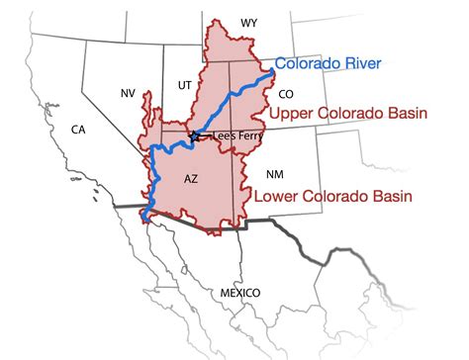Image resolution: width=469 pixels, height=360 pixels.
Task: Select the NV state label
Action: point(128,92)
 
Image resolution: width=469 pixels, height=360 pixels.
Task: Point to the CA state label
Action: point(77,130)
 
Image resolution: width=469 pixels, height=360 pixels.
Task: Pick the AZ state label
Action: point(193,181)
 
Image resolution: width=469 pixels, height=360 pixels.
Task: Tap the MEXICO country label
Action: point(239,294)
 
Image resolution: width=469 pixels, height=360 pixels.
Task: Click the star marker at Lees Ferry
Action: point(195,135)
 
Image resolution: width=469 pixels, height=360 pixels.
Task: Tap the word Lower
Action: point(278,197)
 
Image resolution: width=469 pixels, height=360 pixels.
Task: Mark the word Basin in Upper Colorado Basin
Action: point(404,115)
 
